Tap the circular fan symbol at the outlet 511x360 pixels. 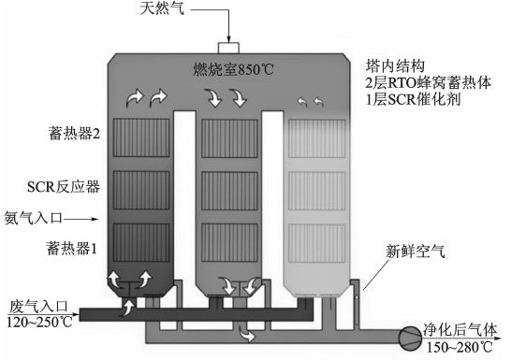407,334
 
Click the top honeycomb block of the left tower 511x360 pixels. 140,137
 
